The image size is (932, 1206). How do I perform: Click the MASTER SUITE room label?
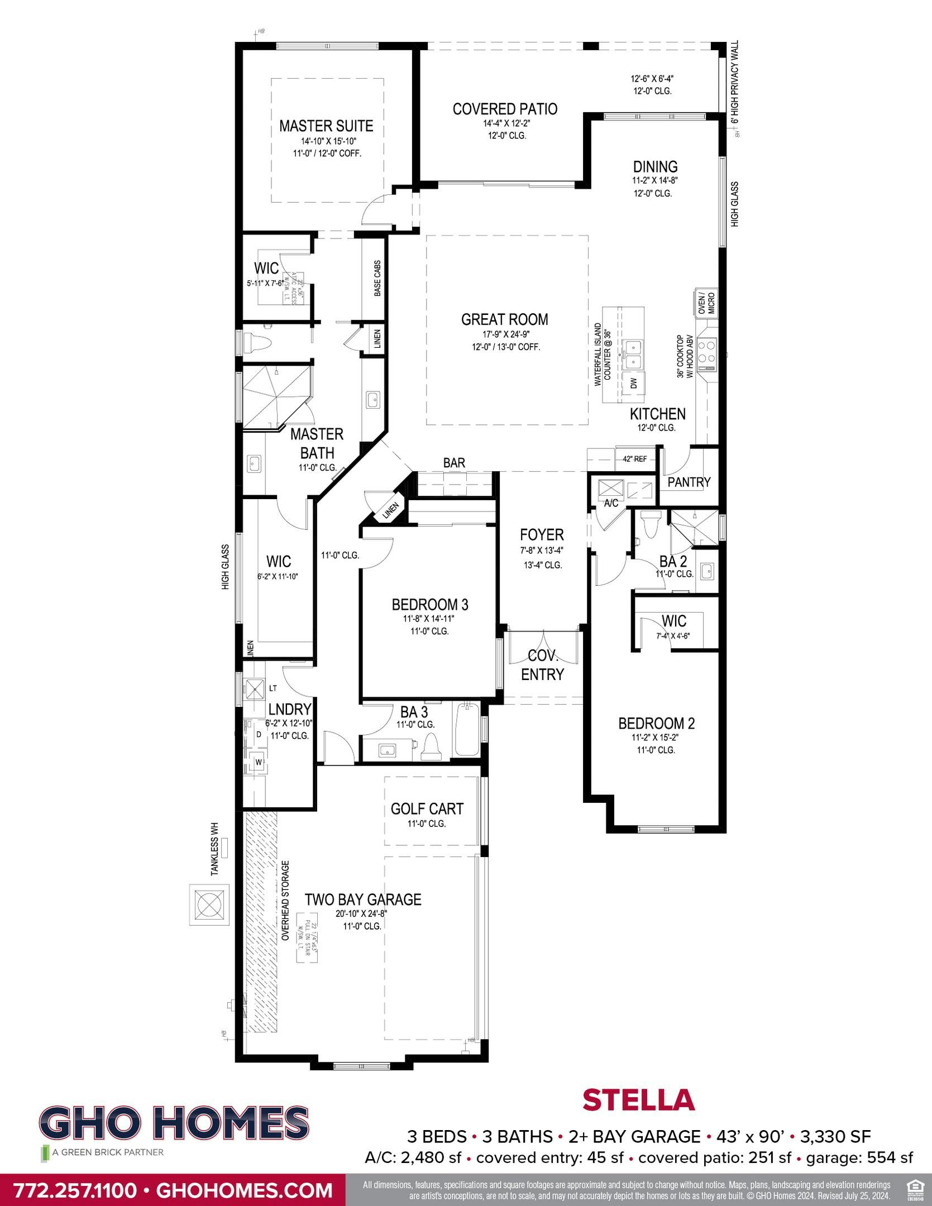pyautogui.click(x=326, y=126)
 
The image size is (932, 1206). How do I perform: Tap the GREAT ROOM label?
pyautogui.click(x=504, y=319)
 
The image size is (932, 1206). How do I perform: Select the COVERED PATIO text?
pyautogui.click(x=505, y=108)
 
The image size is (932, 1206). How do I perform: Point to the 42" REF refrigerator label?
pyautogui.click(x=635, y=459)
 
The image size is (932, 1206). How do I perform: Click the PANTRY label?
pyautogui.click(x=689, y=482)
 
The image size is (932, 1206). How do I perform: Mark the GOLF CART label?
pyautogui.click(x=427, y=808)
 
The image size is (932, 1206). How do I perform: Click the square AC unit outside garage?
pyautogui.click(x=209, y=904)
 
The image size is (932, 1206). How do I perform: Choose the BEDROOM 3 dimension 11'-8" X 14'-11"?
pyautogui.click(x=429, y=619)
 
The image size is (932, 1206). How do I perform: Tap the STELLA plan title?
pyautogui.click(x=638, y=1099)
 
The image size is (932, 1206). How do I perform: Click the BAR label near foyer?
pyautogui.click(x=454, y=463)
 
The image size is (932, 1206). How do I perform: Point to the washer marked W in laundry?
pyautogui.click(x=259, y=762)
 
